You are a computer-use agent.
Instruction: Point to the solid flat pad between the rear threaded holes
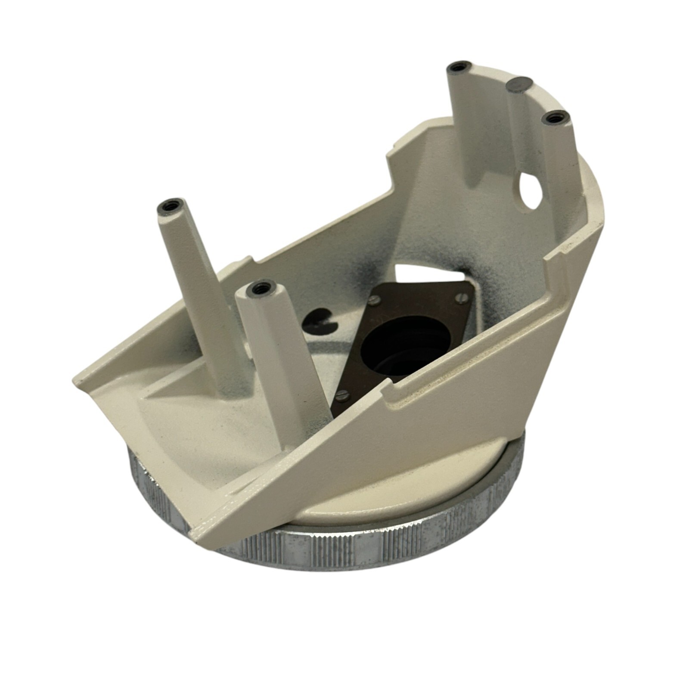(x=517, y=84)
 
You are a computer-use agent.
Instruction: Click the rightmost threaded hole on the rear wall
(x=554, y=118)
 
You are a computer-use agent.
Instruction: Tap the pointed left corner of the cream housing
(x=78, y=379)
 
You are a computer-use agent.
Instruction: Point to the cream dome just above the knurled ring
(x=388, y=495)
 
